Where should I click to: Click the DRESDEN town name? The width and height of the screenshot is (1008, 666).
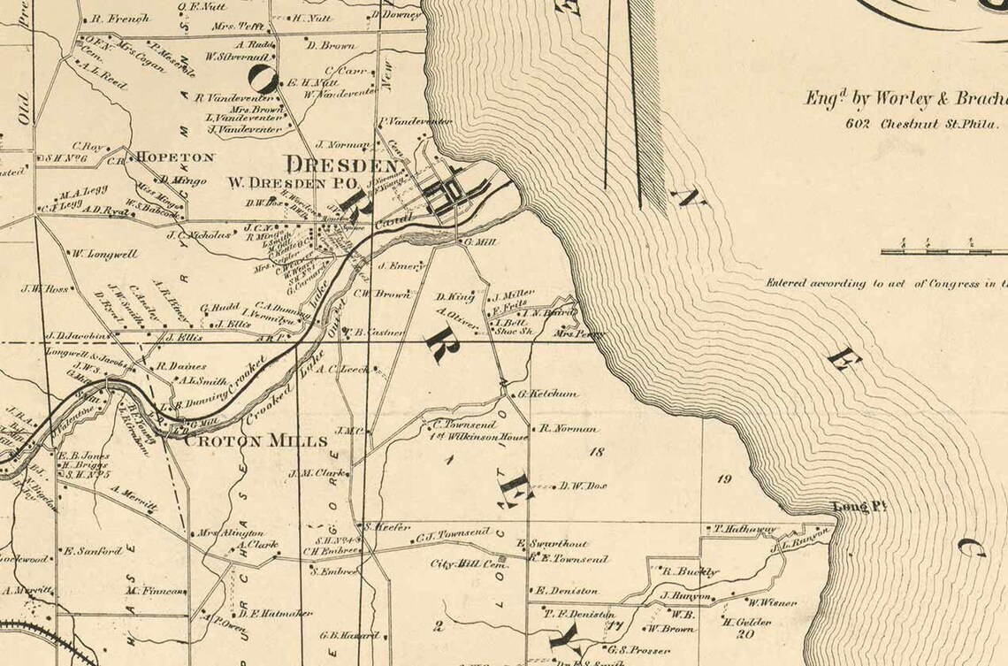click(x=340, y=165)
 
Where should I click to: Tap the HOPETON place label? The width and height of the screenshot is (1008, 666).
click(x=174, y=157)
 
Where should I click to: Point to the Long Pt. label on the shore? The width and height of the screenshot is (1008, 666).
click(x=859, y=507)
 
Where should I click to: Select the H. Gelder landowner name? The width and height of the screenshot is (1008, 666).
click(x=748, y=621)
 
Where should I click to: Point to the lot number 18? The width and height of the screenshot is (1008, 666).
click(x=596, y=452)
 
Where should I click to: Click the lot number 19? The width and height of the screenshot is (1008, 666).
click(x=725, y=479)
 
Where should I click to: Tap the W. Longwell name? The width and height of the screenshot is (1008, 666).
click(x=105, y=254)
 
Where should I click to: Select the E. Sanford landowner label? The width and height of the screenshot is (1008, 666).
click(x=92, y=551)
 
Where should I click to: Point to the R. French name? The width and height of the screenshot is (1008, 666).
click(x=121, y=18)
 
